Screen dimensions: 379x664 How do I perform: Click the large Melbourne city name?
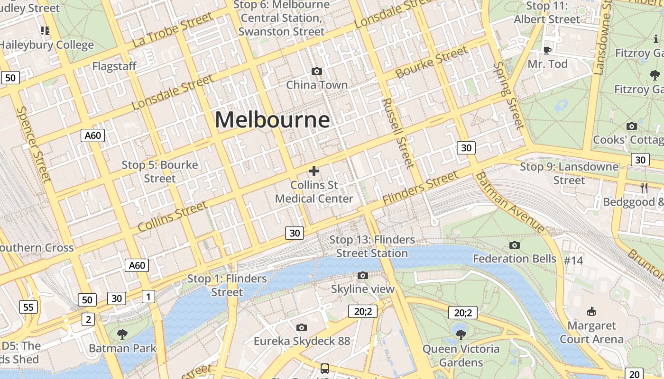click(x=272, y=119)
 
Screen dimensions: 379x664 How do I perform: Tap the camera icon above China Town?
click(x=317, y=71)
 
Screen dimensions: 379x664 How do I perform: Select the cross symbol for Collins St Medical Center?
click(x=314, y=171)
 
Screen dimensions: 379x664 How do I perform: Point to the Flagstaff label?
click(x=114, y=66)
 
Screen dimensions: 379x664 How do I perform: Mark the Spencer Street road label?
click(x=33, y=144)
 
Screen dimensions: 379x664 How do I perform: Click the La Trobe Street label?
click(x=173, y=30)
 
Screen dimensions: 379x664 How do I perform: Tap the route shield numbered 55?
click(x=28, y=307)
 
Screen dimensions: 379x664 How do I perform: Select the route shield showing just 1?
click(x=148, y=297)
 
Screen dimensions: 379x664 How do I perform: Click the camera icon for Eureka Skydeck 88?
click(x=301, y=327)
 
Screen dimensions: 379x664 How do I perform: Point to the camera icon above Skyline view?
click(x=363, y=275)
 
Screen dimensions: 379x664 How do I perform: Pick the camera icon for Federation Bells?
click(x=515, y=245)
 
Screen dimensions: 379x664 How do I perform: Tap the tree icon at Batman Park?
click(x=122, y=334)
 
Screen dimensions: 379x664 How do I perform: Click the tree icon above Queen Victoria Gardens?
click(x=461, y=335)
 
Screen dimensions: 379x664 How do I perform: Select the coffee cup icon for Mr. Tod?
click(x=547, y=50)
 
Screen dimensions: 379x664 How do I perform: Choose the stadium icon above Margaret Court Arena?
click(x=591, y=311)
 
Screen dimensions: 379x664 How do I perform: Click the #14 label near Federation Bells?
click(x=573, y=260)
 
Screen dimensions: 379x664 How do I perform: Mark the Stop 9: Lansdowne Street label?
click(x=569, y=173)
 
